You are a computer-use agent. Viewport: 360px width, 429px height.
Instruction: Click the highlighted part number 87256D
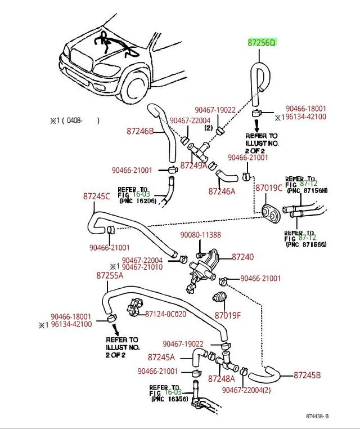click(x=263, y=43)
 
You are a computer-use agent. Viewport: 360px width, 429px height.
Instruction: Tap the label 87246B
click(x=140, y=131)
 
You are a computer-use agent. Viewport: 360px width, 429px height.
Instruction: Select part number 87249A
click(x=193, y=166)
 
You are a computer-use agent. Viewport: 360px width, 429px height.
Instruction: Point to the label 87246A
click(x=222, y=191)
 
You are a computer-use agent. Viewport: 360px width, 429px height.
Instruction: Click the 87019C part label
click(x=269, y=187)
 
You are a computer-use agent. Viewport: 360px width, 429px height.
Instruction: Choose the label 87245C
click(x=97, y=196)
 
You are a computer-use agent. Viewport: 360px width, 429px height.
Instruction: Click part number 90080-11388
click(x=200, y=235)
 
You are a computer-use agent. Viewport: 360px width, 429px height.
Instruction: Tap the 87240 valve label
click(x=242, y=257)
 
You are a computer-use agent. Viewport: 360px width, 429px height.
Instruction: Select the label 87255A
click(x=110, y=275)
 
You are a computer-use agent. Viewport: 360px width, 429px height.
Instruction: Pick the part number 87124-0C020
click(x=165, y=314)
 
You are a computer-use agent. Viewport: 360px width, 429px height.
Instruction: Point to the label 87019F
click(x=227, y=315)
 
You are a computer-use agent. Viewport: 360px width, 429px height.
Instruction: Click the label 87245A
click(x=161, y=357)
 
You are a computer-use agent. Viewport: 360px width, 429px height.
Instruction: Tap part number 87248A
click(x=221, y=379)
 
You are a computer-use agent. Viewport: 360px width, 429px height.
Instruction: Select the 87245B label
click(x=307, y=375)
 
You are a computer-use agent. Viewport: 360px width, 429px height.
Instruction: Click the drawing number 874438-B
click(x=317, y=416)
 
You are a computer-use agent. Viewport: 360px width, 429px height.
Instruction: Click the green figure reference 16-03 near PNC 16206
click(x=141, y=194)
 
